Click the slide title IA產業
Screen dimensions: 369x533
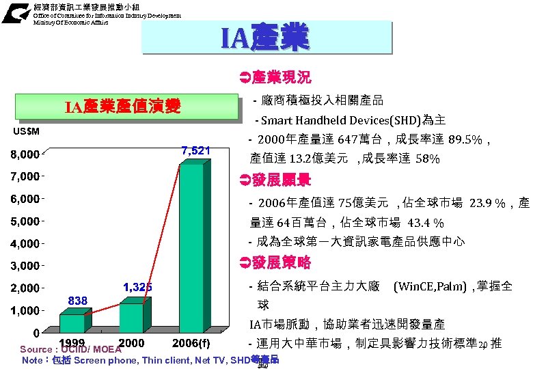266,38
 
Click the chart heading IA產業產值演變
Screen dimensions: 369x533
123,107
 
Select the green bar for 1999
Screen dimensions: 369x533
72,323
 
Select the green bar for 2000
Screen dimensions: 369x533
132,318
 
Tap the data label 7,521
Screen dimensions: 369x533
195,150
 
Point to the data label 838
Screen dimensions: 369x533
77,300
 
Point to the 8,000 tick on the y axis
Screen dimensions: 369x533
25,154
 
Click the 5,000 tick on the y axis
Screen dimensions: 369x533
25,221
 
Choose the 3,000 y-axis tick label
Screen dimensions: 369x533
25,266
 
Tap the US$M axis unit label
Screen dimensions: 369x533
27,131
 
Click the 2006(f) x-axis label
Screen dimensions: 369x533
191,342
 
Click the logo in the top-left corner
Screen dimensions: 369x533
15,12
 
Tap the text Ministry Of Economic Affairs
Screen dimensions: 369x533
70,22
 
